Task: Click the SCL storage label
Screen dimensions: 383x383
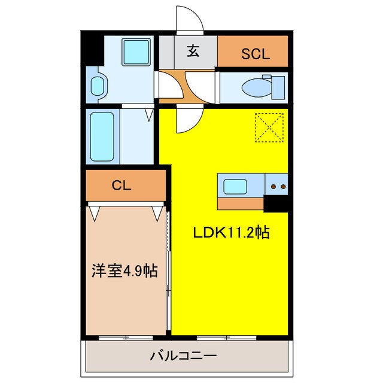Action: tap(256, 54)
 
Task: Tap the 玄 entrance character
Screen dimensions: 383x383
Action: tap(192, 51)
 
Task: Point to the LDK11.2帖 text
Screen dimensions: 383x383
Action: tap(229, 233)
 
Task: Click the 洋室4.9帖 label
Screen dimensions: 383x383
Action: tap(124, 271)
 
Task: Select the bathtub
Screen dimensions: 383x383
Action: tap(104, 136)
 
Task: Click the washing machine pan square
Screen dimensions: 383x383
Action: tap(136, 52)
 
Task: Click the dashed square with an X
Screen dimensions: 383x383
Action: tap(269, 128)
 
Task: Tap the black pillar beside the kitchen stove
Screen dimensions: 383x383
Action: tap(276, 204)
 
